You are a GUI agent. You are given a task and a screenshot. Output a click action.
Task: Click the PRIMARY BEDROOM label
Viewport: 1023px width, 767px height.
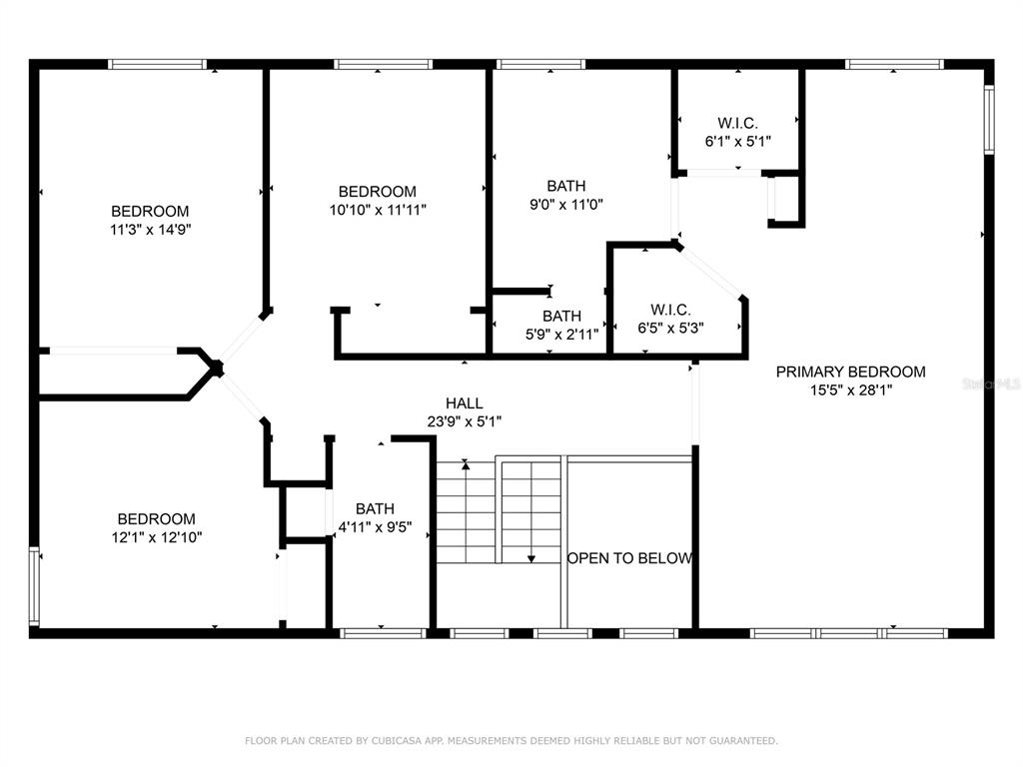(850, 372)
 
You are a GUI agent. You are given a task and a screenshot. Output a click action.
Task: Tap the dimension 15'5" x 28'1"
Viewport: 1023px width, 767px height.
(851, 390)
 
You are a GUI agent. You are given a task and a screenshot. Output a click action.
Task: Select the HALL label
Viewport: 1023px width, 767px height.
(465, 403)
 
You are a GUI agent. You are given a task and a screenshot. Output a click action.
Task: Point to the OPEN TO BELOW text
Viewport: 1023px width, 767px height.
(629, 558)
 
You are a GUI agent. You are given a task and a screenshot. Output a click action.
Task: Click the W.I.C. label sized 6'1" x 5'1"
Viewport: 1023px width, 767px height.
(738, 123)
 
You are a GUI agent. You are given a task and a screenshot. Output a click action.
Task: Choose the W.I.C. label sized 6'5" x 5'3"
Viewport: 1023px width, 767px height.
(670, 310)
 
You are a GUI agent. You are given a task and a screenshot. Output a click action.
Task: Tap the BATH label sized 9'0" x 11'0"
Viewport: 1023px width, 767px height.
(566, 186)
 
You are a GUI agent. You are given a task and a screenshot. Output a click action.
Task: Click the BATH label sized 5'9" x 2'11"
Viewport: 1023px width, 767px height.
(561, 317)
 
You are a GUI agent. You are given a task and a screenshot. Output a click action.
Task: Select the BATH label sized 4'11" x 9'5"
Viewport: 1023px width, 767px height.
(376, 508)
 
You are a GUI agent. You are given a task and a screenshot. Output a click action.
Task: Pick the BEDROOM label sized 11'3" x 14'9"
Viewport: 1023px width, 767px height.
(150, 212)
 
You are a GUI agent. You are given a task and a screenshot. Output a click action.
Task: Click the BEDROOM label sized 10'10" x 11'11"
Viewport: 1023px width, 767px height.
(377, 192)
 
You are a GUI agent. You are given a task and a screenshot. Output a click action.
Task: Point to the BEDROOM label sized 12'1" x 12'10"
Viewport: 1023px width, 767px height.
(157, 519)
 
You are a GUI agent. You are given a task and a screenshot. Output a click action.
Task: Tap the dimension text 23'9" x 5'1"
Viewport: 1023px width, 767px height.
(465, 421)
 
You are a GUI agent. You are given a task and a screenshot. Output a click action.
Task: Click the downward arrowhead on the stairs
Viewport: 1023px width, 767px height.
(531, 558)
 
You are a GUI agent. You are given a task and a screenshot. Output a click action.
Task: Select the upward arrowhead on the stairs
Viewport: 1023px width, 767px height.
(466, 463)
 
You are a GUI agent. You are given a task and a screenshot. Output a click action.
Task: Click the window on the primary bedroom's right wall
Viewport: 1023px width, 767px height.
(989, 120)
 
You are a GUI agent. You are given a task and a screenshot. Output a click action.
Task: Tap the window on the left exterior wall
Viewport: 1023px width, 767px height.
(34, 586)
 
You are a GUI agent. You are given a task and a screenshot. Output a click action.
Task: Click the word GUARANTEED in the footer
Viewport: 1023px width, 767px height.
(743, 741)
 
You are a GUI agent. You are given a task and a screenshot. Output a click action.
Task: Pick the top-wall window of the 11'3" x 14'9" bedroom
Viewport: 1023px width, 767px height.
(157, 64)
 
